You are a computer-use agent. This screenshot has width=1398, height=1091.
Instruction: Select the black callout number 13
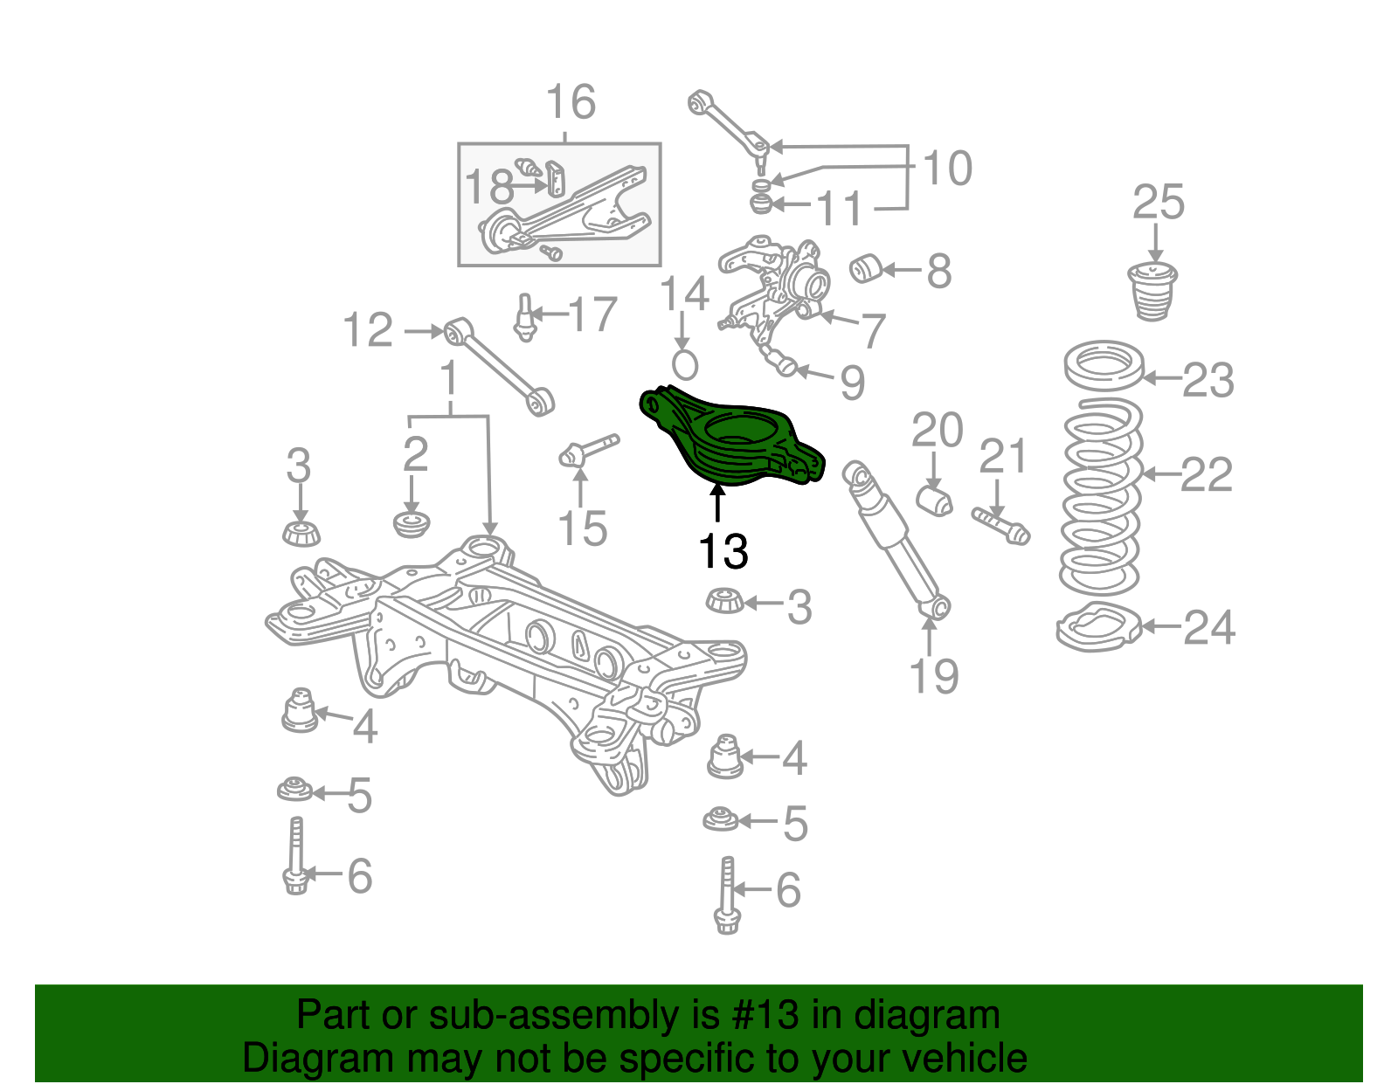[x=723, y=551]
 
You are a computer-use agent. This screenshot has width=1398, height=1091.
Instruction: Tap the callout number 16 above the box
[x=571, y=103]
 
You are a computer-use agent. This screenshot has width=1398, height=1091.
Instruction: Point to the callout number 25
[x=1158, y=203]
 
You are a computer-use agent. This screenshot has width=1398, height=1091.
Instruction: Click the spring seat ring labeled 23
[x=1104, y=365]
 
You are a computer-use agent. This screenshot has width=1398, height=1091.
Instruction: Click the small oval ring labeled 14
[x=685, y=363]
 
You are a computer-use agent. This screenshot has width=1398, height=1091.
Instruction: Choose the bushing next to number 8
[x=865, y=268]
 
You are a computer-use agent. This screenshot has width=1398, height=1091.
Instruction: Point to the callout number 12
[x=368, y=331]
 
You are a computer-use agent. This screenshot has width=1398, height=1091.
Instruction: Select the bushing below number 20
[x=935, y=501]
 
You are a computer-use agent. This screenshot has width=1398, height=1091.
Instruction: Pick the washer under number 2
[x=412, y=524]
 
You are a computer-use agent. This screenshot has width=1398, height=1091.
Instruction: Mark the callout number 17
[x=593, y=314]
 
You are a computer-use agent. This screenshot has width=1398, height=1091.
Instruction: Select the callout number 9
[x=852, y=383]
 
